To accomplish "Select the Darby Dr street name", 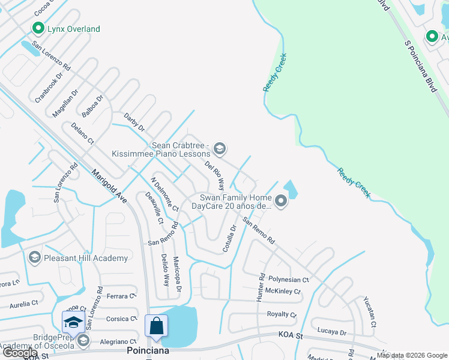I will [x=134, y=122].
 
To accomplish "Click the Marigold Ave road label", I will [x=109, y=187].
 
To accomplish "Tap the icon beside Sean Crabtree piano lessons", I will [x=220, y=149].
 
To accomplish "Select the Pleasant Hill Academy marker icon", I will [x=34, y=258].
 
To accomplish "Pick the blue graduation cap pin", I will [x=73, y=322].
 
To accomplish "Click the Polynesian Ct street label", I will [x=289, y=280].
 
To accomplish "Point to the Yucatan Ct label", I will [x=369, y=312].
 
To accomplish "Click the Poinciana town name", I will [x=148, y=350].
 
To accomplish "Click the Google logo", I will [x=20, y=353].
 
